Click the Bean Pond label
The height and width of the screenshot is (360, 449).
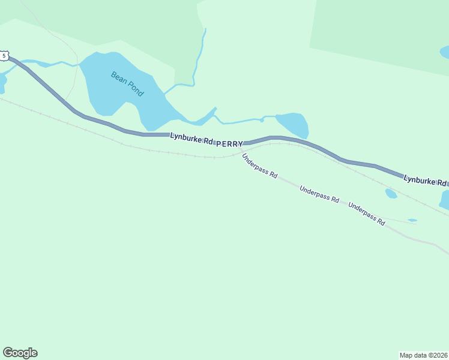click(x=127, y=84)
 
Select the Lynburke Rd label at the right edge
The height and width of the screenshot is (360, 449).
click(x=425, y=180)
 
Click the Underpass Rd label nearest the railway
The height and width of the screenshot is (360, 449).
click(x=260, y=166)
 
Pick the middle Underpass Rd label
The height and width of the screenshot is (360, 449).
click(x=319, y=196)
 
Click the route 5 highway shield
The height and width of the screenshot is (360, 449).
click(x=4, y=56)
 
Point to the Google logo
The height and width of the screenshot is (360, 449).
click(x=20, y=353)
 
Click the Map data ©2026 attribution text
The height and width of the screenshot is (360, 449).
click(x=423, y=355)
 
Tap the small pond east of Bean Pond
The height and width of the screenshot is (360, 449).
click(x=294, y=124)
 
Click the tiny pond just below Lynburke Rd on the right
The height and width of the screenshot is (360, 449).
click(x=391, y=193)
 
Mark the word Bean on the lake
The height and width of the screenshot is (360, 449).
click(x=118, y=78)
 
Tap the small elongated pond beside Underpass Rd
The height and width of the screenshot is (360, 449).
click(x=412, y=220)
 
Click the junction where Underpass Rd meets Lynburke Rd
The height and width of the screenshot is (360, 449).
click(x=241, y=151)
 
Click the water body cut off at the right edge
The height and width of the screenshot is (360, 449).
click(x=445, y=199)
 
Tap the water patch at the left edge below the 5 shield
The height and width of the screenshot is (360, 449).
click(x=2, y=83)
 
